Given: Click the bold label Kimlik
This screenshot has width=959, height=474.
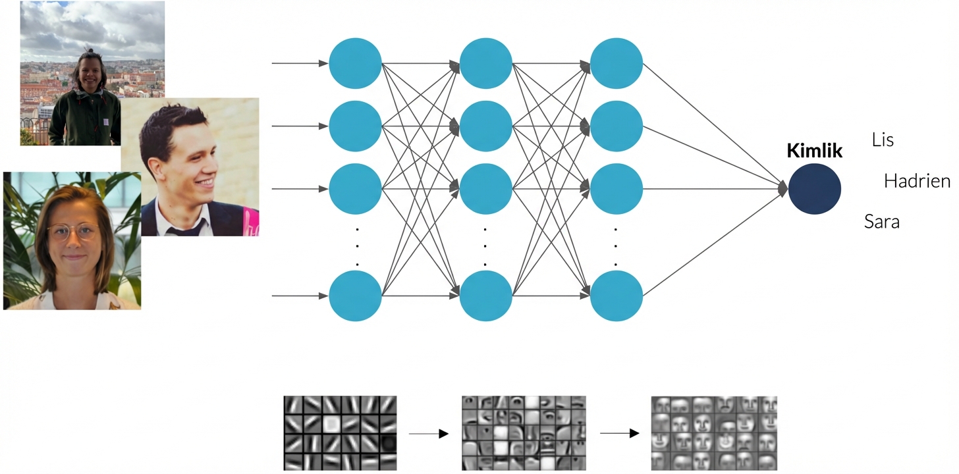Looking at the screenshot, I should point(814,151).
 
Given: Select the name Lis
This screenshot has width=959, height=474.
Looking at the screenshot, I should point(883,140).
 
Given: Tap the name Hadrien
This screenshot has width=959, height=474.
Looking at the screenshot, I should point(917,181).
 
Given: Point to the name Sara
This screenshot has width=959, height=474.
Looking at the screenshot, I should point(881,222).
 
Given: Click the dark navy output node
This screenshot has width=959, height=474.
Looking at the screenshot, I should point(814,188).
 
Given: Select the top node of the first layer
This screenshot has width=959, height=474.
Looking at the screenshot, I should point(355,64).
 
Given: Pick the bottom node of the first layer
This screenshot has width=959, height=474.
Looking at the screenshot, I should point(355,296).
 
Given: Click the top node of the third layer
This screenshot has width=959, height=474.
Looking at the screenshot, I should point(616,64).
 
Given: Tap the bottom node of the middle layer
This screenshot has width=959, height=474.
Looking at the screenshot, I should point(485,296).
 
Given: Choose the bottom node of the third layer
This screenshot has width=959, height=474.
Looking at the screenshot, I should point(616,296).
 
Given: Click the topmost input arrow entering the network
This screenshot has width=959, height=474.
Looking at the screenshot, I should point(300,64).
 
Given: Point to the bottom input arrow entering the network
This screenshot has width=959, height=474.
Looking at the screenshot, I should point(300,296).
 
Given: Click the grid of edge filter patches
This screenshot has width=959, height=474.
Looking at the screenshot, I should point(340,433).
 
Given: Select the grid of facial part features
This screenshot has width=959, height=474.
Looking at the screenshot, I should point(524,433).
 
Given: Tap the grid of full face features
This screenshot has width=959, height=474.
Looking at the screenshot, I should point(714,433).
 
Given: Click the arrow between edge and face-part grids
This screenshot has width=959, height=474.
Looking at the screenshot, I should point(428,434).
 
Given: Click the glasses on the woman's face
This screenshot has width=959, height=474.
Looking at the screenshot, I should point(72,232).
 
